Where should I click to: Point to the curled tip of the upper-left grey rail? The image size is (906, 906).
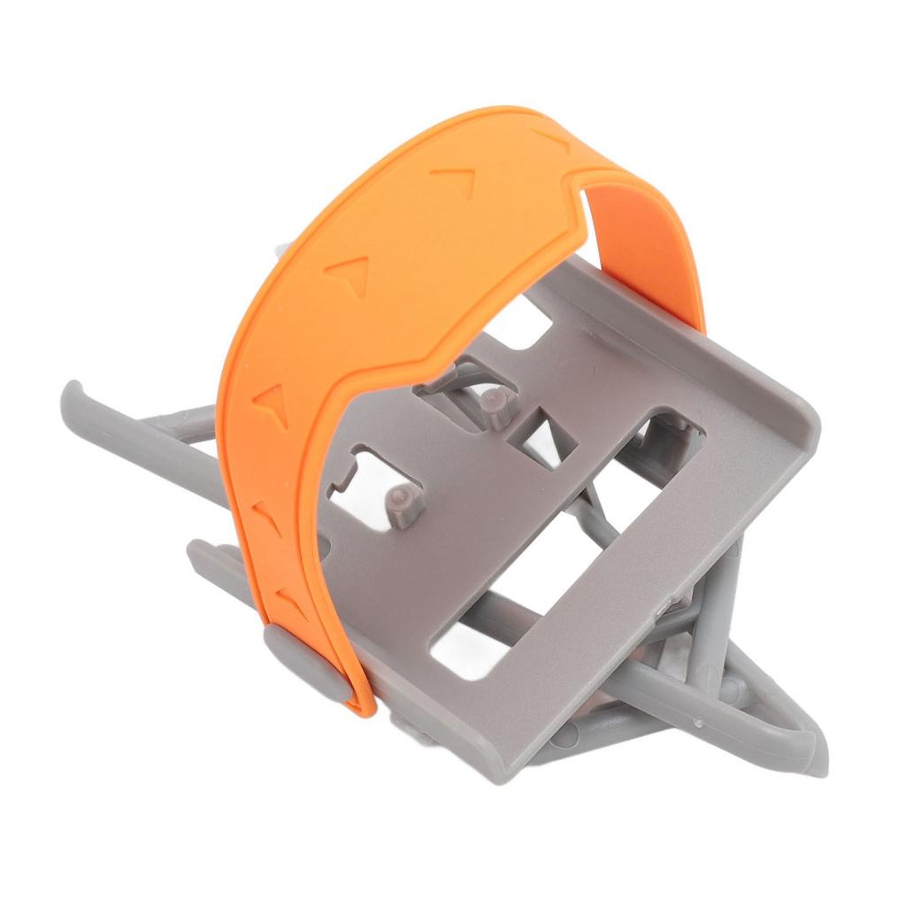click(73, 393)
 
